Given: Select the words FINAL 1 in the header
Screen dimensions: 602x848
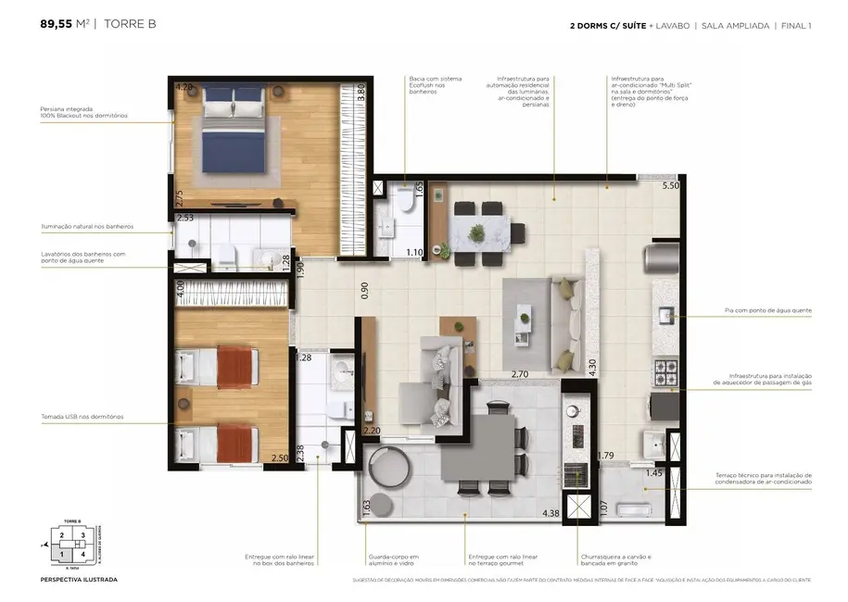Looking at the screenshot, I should (795, 26).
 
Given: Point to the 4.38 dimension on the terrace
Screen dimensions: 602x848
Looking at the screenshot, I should (551, 513).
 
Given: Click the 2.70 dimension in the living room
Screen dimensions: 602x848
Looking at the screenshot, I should (521, 375).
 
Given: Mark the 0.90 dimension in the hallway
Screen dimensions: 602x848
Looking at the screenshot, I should (365, 290).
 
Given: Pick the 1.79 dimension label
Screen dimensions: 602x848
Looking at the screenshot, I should (606, 455).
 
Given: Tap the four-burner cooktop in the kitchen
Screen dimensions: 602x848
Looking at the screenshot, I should (665, 373).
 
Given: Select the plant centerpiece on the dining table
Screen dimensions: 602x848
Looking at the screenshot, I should (477, 230).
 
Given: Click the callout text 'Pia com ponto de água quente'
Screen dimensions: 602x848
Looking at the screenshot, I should (767, 311).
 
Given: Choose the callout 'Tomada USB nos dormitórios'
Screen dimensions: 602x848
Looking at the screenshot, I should (82, 417).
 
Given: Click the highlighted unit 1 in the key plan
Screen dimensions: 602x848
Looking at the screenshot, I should (62, 553).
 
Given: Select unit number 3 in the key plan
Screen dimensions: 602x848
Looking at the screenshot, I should (82, 535).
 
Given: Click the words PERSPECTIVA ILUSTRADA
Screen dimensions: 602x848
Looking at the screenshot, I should (79, 580).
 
